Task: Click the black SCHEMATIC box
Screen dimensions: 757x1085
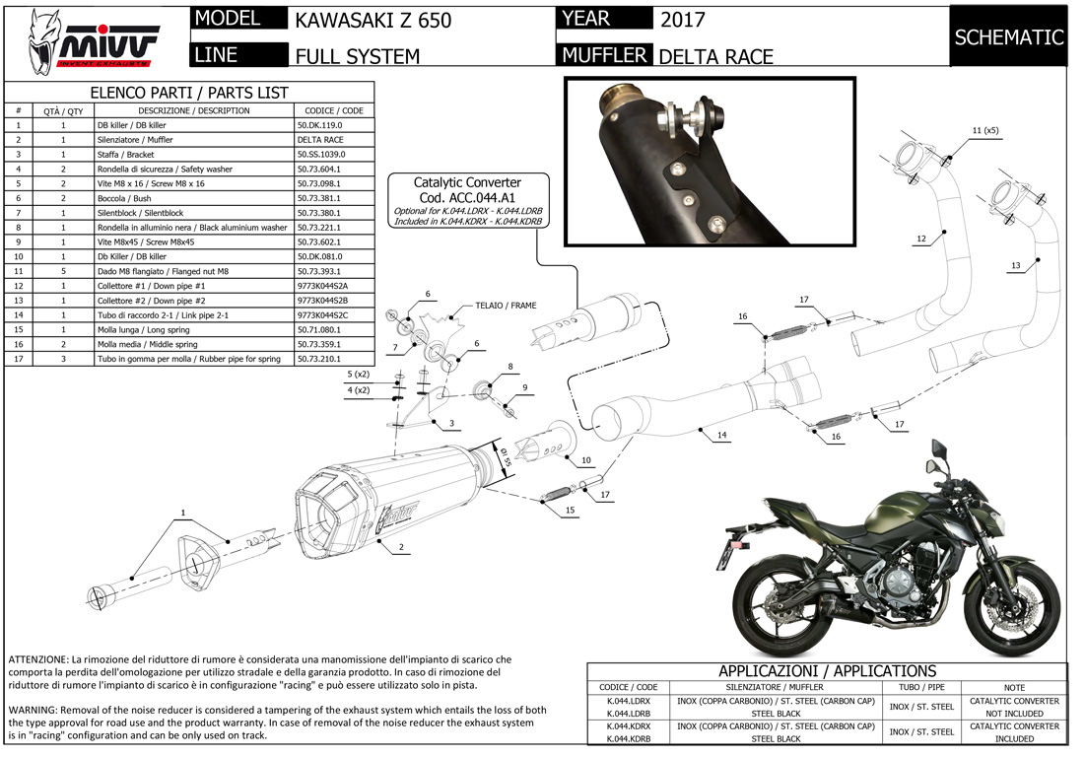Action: [x=1008, y=37]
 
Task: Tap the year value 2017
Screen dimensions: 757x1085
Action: [x=682, y=20]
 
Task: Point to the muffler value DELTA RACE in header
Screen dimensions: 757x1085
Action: [x=716, y=56]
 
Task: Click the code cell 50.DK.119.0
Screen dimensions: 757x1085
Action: [x=319, y=126]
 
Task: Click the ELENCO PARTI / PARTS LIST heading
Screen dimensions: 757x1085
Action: [x=189, y=92]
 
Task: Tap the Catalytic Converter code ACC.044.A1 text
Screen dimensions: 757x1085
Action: [x=467, y=197]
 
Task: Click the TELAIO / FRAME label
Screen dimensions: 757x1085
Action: [x=506, y=306]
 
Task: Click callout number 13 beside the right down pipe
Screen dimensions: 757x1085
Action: [x=1016, y=265]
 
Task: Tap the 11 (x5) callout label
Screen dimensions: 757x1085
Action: [x=984, y=130]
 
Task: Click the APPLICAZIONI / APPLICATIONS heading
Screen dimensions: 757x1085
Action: [x=827, y=670]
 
